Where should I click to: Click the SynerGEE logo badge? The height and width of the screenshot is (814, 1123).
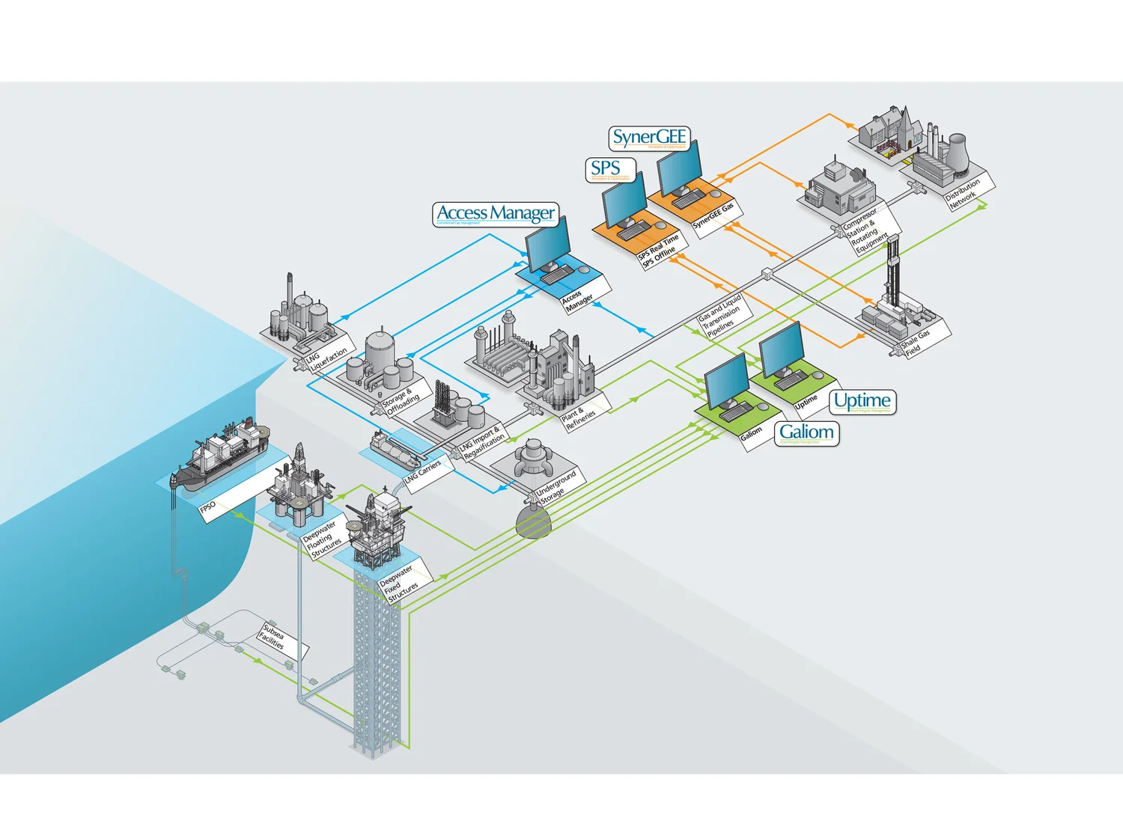(648, 138)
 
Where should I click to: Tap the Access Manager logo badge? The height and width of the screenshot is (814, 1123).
(496, 214)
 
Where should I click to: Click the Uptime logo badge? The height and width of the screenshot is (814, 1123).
(862, 402)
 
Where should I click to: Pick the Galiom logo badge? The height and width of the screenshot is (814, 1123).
(806, 433)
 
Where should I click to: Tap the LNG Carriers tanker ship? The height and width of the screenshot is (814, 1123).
(397, 450)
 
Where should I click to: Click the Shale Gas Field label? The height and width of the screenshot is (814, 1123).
(916, 340)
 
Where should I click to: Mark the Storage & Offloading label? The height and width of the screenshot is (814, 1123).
(402, 401)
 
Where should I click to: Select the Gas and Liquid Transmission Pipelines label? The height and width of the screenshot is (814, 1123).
(720, 315)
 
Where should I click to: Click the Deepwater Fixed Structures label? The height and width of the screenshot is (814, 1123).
(398, 584)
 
